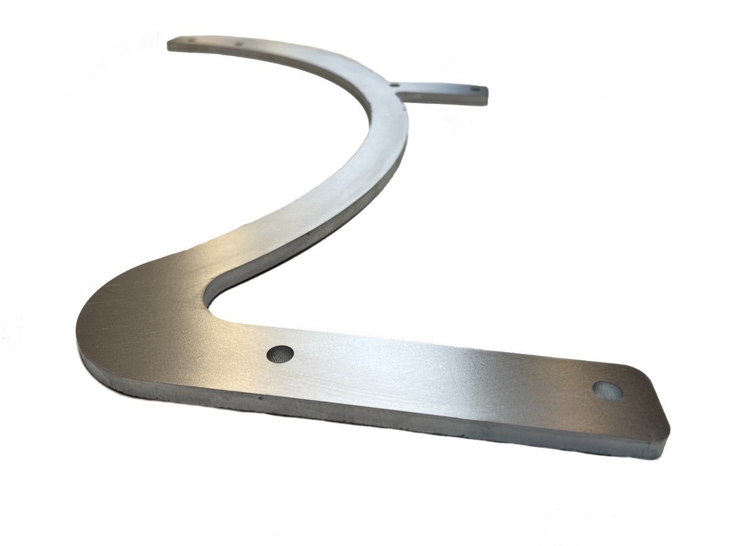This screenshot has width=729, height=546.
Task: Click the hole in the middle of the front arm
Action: coord(280,354)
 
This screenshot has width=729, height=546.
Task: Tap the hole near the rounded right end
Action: coord(607,391)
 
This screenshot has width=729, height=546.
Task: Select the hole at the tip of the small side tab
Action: coord(475,91)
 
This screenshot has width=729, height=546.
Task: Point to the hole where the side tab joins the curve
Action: coord(394,84)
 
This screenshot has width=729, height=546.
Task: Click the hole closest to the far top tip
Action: coord(191,40)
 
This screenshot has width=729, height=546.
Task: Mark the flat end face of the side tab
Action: coord(486,98)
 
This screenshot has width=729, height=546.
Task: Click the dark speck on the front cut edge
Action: coord(260,400)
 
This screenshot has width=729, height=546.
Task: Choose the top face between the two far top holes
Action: coord(215,43)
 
